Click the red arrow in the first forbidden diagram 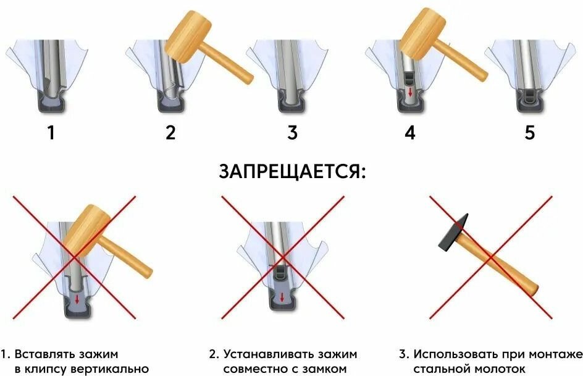coord(77,300)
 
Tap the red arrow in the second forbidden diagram coord(282,297)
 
